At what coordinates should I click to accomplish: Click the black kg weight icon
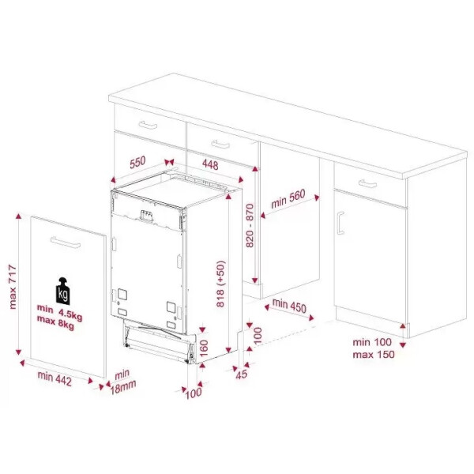tap(63, 291)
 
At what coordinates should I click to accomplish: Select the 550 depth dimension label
tap(137, 162)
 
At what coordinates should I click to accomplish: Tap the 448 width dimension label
tap(210, 164)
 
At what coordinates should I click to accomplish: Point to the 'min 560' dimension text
tap(288, 199)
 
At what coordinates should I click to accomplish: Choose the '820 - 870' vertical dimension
tap(250, 225)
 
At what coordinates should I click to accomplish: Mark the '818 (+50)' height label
tap(221, 284)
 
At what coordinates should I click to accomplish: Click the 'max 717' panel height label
tap(13, 287)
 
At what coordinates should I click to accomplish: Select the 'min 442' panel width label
tap(55, 378)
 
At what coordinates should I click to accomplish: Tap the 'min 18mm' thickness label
tap(122, 382)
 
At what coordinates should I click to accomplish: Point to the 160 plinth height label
tap(205, 348)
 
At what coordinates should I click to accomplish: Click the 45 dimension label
tap(242, 374)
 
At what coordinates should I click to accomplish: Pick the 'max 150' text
tap(374, 354)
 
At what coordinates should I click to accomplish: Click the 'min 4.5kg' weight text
tap(59, 312)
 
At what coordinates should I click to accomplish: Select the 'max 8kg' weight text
tap(55, 322)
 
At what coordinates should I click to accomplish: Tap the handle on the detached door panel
tap(66, 243)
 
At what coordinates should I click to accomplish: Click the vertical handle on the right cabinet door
tap(340, 223)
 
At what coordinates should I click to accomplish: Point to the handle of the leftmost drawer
tap(148, 124)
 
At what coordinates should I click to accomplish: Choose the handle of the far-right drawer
tap(367, 183)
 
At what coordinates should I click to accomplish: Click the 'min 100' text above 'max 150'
tap(372, 342)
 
